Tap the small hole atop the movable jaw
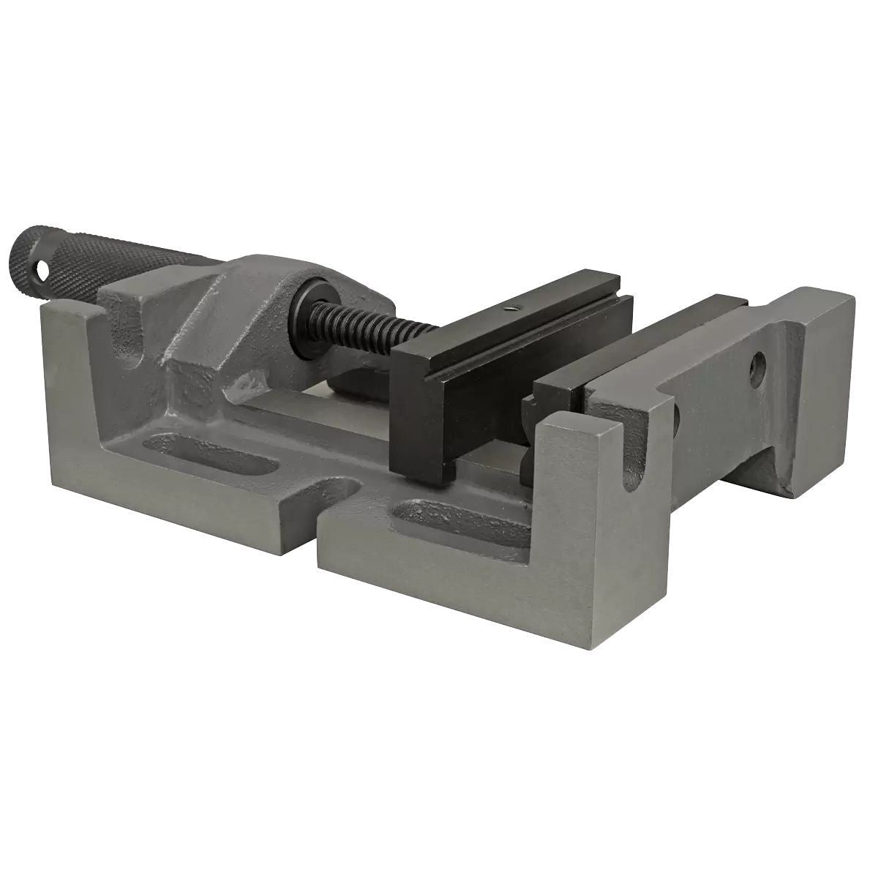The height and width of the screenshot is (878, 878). pos(514,309)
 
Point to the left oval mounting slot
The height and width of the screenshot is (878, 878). pos(219,457)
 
